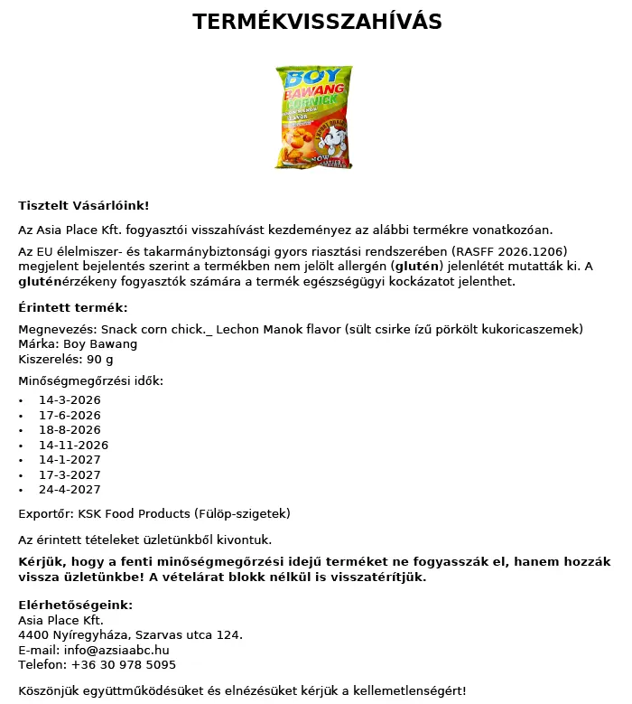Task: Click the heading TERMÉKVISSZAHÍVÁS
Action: tap(317, 23)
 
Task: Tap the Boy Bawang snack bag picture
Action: tap(314, 116)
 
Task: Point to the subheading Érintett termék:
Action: tap(73, 308)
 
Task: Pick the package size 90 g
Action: tap(97, 360)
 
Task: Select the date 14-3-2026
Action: tap(70, 400)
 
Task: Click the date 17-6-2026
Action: tap(70, 415)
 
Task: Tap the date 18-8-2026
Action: tap(70, 430)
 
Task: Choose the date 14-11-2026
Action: tap(73, 446)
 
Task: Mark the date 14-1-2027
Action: tap(70, 460)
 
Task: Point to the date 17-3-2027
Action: tap(70, 474)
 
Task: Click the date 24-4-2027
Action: tap(70, 490)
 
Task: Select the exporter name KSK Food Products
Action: tap(133, 514)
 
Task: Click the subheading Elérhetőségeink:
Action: tap(76, 605)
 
